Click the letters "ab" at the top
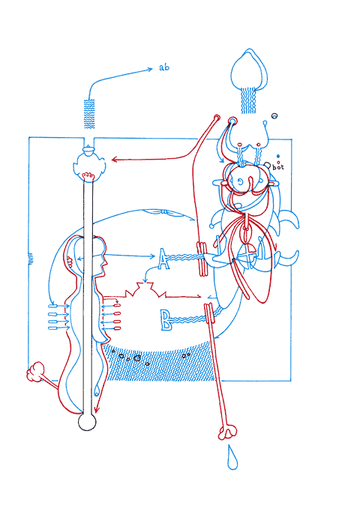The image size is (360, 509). tap(164, 67)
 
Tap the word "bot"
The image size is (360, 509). tap(278, 167)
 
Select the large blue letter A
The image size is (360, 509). tap(163, 259)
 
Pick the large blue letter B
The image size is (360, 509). tap(166, 320)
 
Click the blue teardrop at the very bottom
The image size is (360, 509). tap(232, 458)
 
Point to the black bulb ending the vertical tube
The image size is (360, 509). tap(87, 422)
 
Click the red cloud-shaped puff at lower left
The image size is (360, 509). tap(35, 371)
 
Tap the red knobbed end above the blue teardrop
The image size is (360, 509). tap(227, 432)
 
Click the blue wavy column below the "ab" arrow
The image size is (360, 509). tap(89, 114)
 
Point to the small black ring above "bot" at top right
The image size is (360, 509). tap(274, 116)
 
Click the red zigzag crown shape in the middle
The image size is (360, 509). tap(145, 289)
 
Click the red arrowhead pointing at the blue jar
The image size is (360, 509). tap(114, 160)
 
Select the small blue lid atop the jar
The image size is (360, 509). tap(88, 150)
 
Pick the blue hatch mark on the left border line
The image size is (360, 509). tap(31, 259)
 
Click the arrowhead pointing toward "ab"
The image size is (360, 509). tap(150, 69)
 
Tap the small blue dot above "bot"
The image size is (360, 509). tap(278, 156)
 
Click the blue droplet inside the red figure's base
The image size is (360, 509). tap(97, 391)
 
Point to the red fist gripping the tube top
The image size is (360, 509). tap(88, 175)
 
